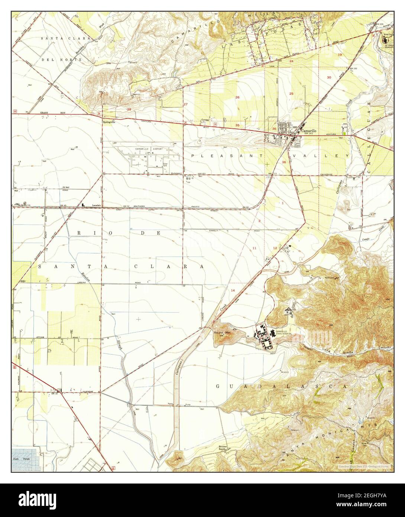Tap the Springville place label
[x=109, y=121]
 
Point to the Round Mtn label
[x=222, y=333]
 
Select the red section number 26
[x=237, y=97]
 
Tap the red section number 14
[x=233, y=290]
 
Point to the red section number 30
[x=329, y=77]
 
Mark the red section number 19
[x=340, y=55]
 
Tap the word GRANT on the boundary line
[x=44, y=112]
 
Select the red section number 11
[x=255, y=248]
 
